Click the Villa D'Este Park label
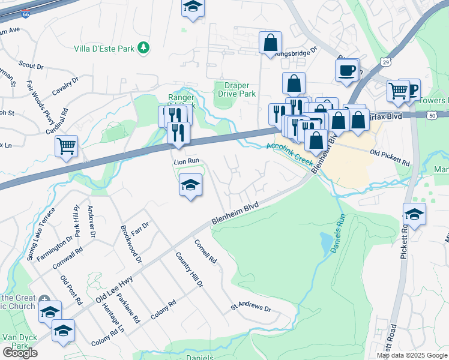[x=104, y=47]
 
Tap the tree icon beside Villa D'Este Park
[x=143, y=47]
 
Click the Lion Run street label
[x=186, y=161]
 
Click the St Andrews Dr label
[x=252, y=308]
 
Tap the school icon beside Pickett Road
[x=414, y=214]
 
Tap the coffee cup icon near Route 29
[x=346, y=70]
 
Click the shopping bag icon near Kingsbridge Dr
[x=271, y=43]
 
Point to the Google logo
[x=20, y=353]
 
